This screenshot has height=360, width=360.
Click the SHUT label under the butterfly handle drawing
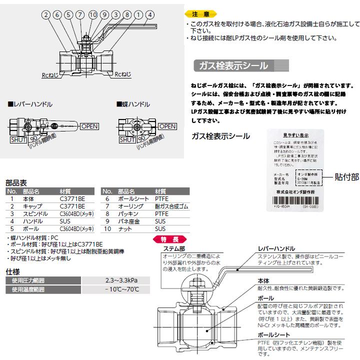point(127,140)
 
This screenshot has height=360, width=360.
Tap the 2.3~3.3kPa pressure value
point(122,281)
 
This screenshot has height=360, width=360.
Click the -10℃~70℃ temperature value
point(122,289)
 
